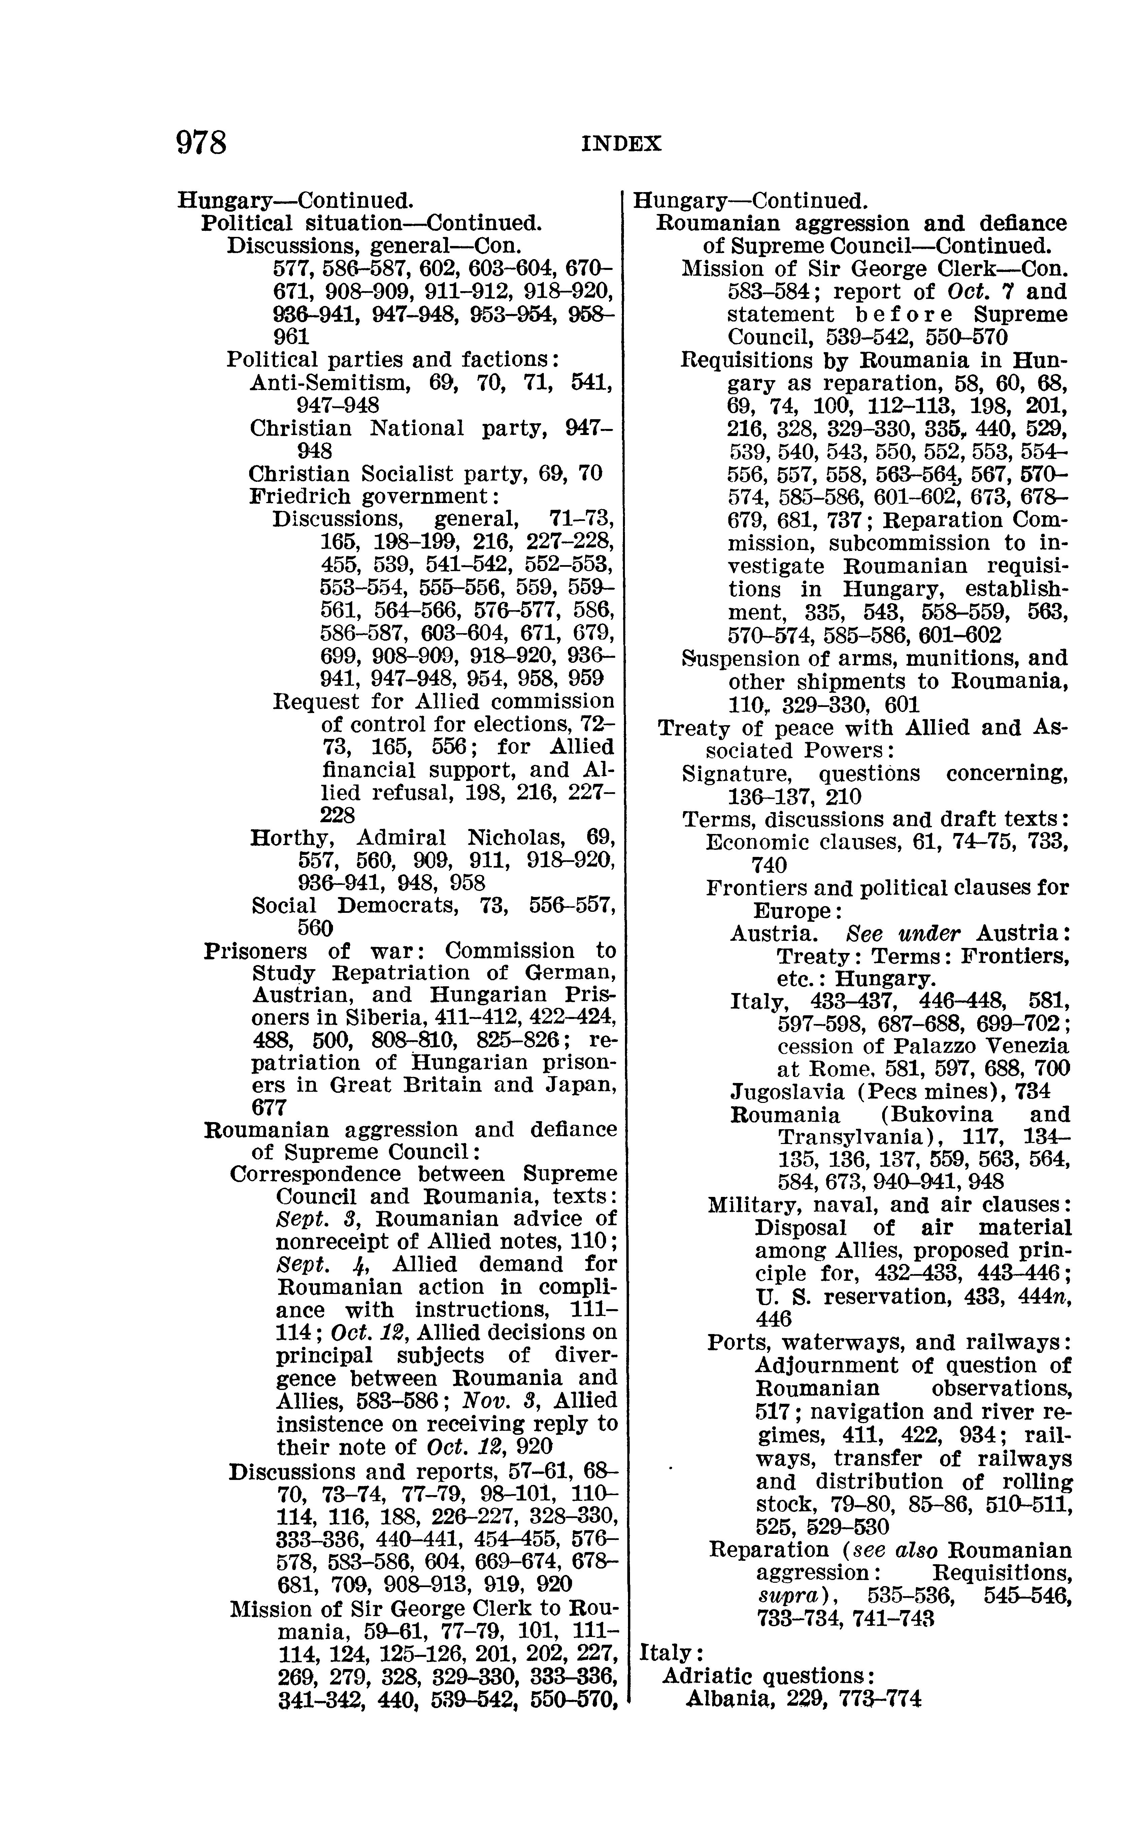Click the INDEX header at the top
[621, 144]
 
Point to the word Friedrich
[300, 497]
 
